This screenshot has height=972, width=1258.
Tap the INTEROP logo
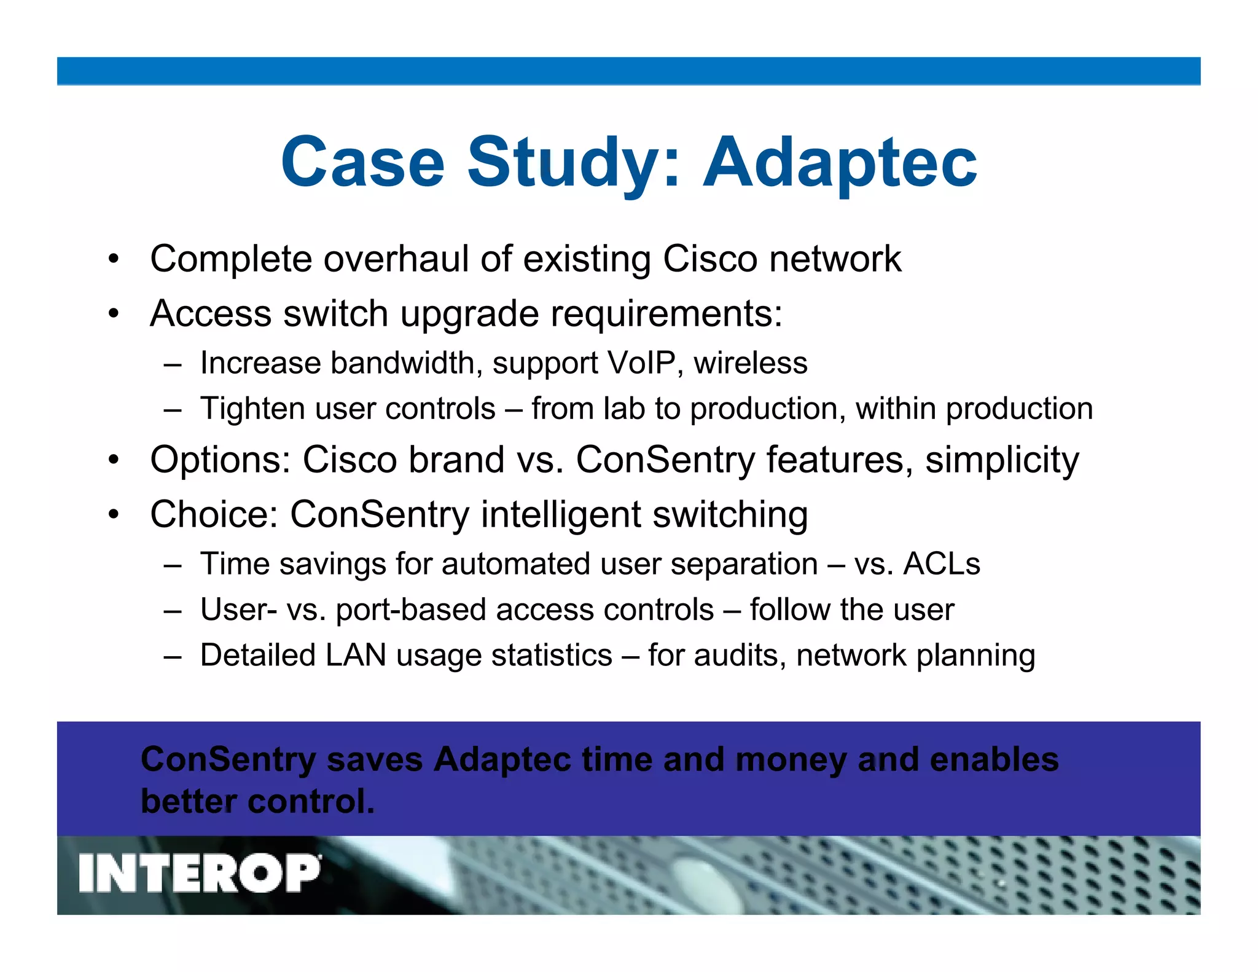pos(200,873)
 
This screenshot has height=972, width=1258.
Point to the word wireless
pos(751,363)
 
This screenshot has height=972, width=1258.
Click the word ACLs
pos(942,563)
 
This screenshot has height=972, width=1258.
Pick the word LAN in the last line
pos(356,655)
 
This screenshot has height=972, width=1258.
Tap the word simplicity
pos(1002,460)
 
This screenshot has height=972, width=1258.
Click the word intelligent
pos(561,514)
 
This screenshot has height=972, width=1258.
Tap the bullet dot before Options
pos(113,460)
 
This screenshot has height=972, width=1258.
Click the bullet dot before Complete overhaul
pos(113,259)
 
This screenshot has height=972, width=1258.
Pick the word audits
pos(740,655)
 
